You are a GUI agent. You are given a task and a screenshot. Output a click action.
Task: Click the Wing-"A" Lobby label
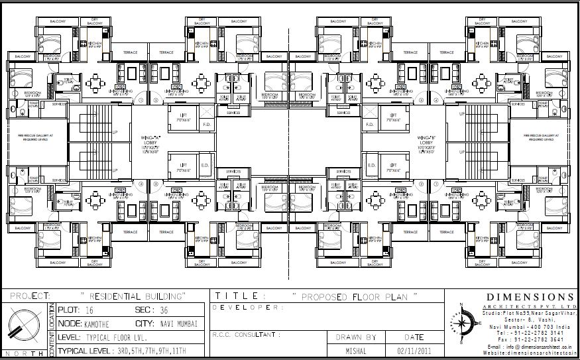149,143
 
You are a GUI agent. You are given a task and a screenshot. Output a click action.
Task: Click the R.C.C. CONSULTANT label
243,335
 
